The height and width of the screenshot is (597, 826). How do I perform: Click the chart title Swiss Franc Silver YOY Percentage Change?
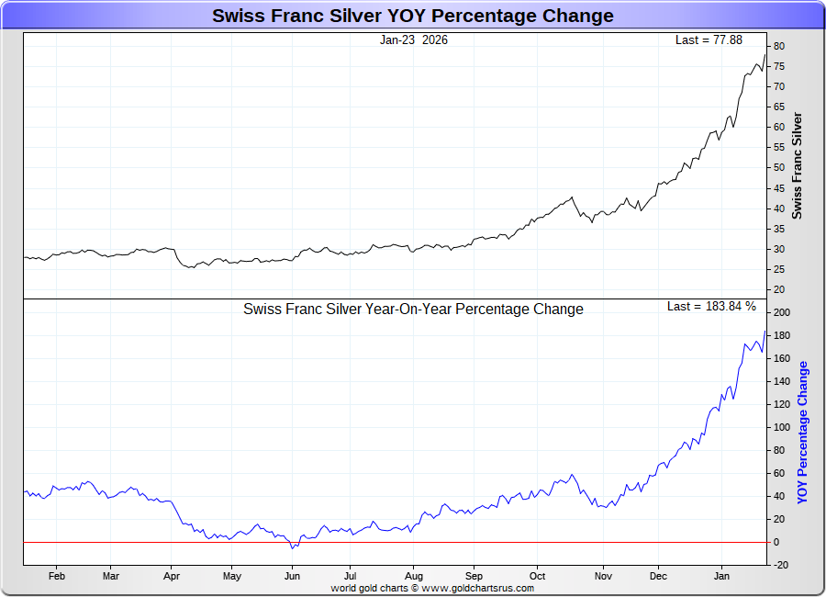pos(413,16)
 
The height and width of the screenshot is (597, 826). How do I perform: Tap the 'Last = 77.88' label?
pos(708,40)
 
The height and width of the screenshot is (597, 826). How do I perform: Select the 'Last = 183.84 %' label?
pos(711,306)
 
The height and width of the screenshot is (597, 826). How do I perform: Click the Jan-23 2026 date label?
pos(414,40)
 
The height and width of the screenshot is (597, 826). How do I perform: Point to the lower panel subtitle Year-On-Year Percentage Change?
pos(413,310)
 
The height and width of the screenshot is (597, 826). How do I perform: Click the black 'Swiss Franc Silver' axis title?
pos(797,165)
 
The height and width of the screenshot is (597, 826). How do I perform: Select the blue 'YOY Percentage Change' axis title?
pos(803,432)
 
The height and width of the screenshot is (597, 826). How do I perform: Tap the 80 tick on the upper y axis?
pos(777,46)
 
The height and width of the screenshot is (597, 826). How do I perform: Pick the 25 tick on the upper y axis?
pos(777,269)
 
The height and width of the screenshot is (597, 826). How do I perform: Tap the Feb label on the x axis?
pos(57,577)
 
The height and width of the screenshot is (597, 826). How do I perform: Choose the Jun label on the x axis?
pos(292,577)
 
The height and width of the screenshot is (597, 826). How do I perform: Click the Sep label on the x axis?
pos(474,577)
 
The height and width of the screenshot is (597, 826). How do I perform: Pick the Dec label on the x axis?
pos(658,577)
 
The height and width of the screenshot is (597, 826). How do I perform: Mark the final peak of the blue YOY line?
pos(765,332)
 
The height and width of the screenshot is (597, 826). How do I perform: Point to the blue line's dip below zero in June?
pos(293,547)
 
